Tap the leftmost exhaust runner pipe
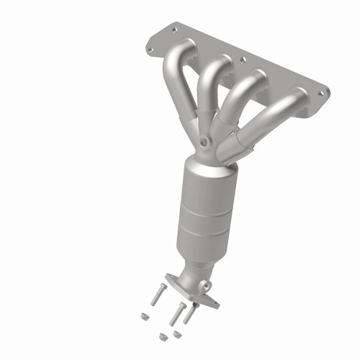coord(175,79)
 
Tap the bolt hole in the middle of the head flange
coord(243,60)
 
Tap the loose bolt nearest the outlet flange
coord(189,314)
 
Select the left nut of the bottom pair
coord(162,336)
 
